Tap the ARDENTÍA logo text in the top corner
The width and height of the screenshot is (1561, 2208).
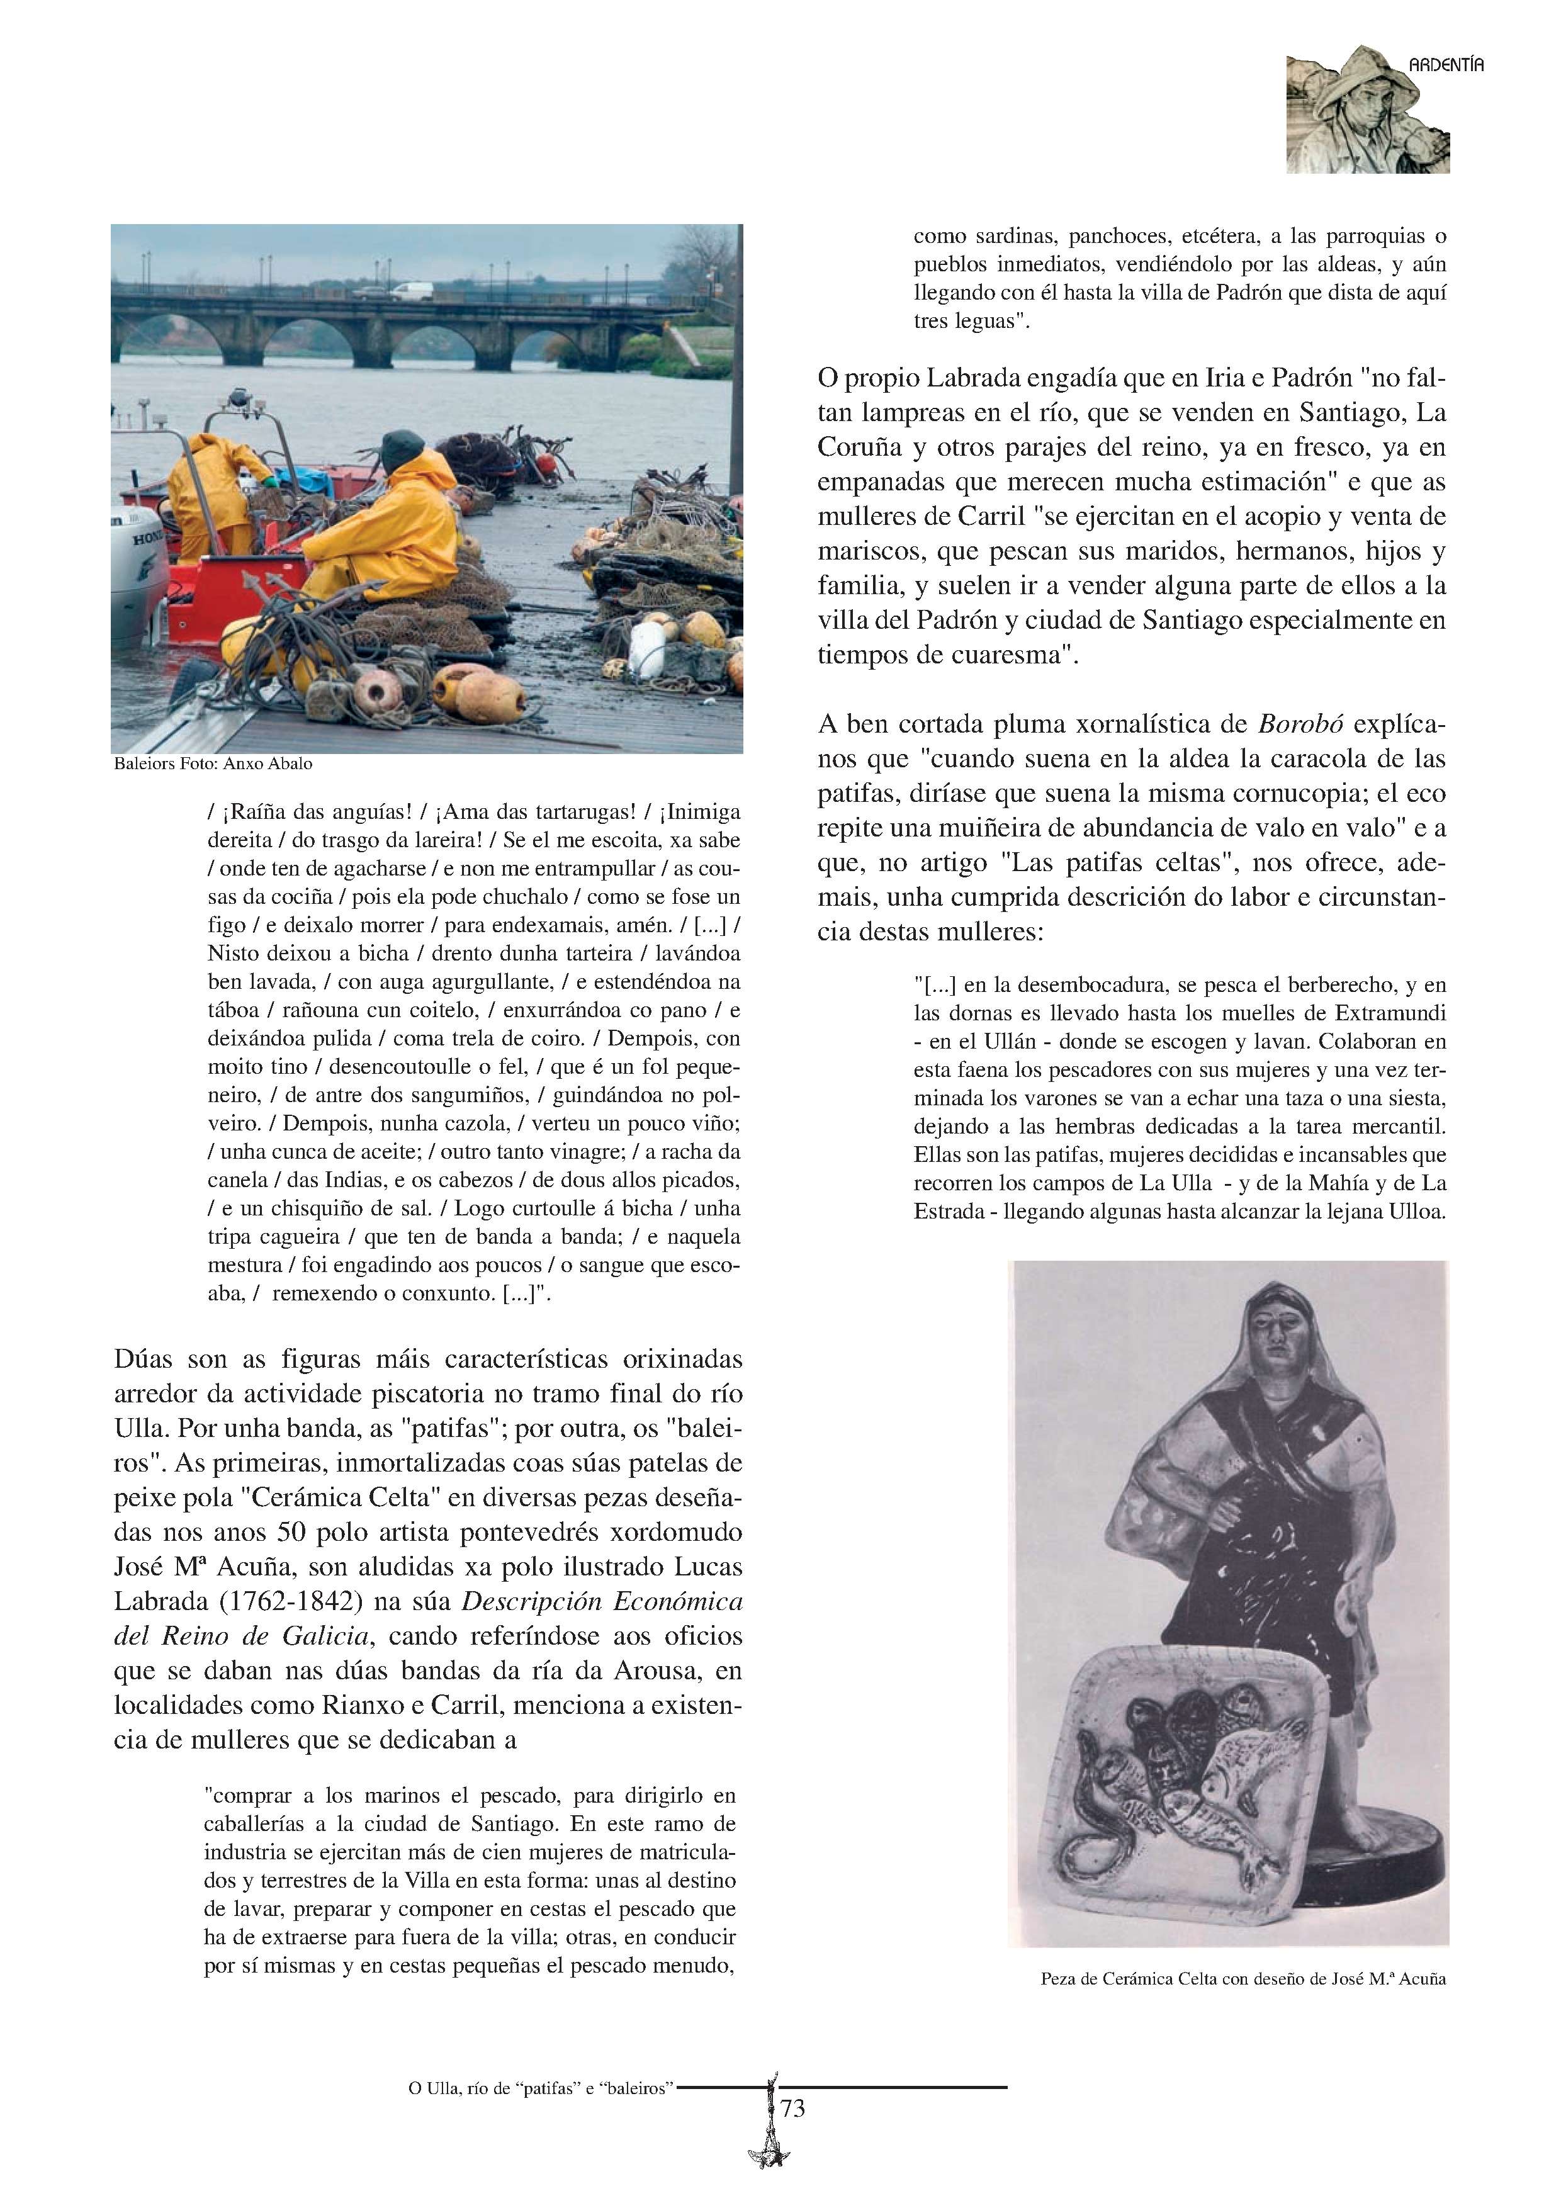pos(1446,65)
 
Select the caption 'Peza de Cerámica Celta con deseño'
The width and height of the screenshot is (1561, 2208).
pos(1243,1979)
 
